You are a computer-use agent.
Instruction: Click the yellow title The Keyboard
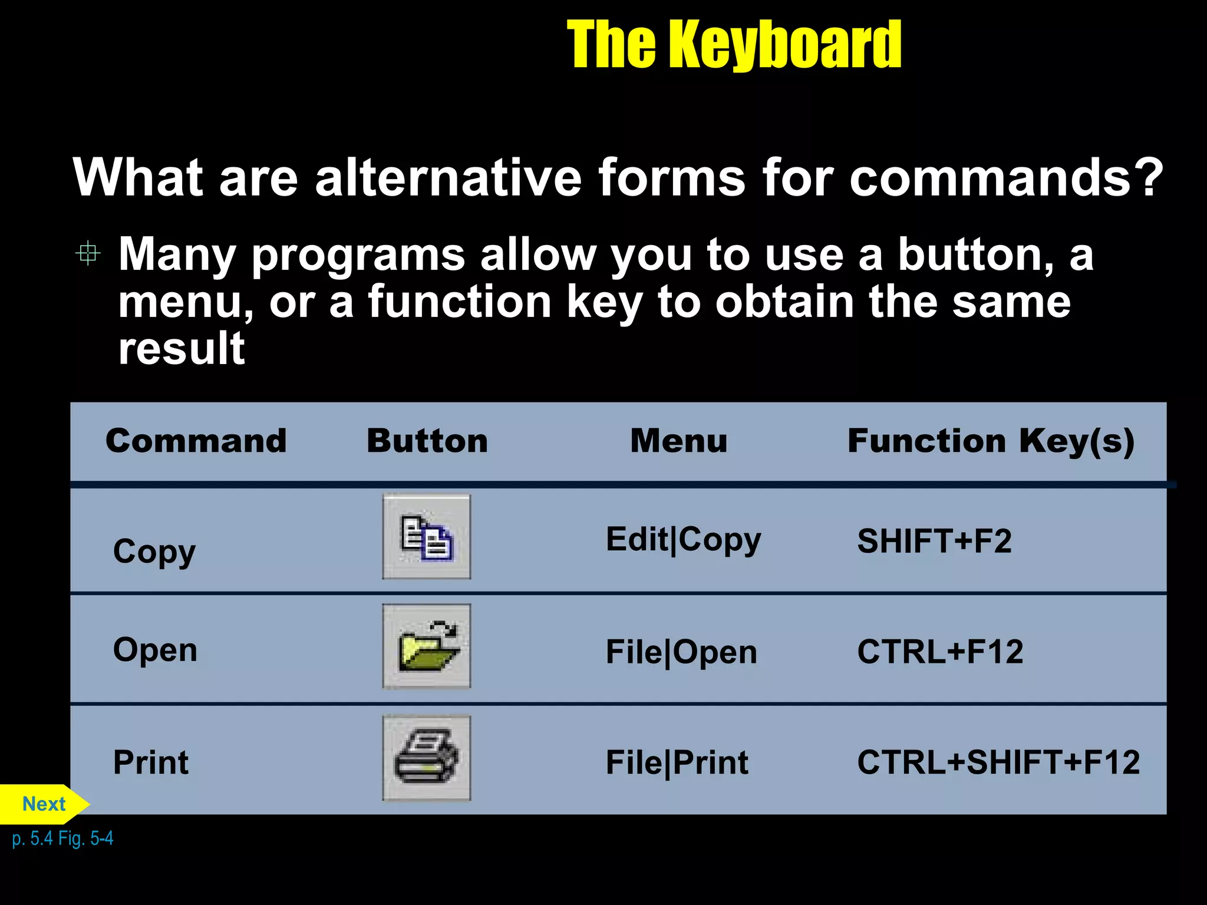tap(734, 44)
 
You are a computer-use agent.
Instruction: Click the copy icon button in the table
tap(427, 537)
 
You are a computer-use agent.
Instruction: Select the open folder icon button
tap(427, 646)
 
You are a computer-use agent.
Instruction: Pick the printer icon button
tap(427, 758)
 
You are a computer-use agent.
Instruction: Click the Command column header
tap(196, 441)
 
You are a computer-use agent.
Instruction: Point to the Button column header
tap(427, 441)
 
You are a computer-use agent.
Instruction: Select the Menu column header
tap(678, 441)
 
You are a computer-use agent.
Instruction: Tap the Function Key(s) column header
tap(991, 442)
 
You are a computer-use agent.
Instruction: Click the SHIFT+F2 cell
tap(934, 541)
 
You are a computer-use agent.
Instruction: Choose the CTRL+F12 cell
tap(940, 652)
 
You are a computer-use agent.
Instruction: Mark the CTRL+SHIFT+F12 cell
tap(998, 762)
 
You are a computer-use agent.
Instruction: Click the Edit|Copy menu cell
tap(683, 540)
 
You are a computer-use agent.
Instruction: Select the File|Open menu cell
tap(681, 653)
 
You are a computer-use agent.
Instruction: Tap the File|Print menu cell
tap(677, 763)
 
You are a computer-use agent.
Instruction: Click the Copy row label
tap(154, 552)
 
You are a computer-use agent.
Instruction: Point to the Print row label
tap(151, 762)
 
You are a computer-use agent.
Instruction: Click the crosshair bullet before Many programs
tap(88, 253)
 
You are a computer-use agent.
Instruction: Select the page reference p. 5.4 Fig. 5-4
tap(62, 838)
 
